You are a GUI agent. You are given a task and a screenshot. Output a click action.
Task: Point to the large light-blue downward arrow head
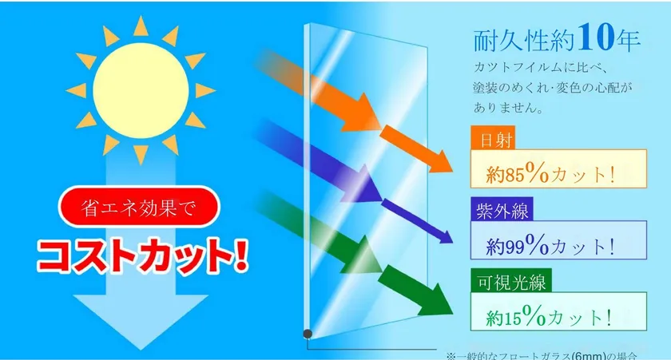click(132, 319)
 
